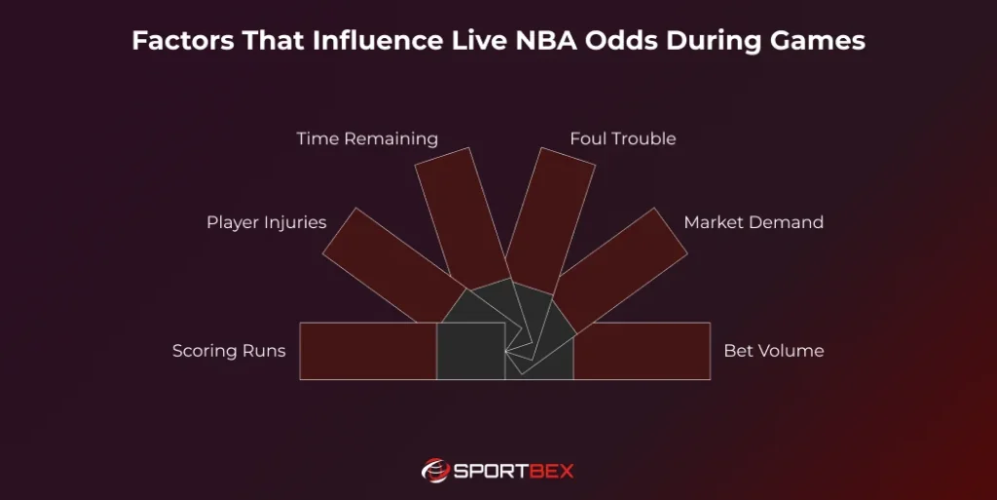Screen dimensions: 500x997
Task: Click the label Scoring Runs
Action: pyautogui.click(x=229, y=351)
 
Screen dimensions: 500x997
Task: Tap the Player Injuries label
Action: pyautogui.click(x=266, y=222)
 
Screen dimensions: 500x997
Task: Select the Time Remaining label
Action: pyautogui.click(x=367, y=138)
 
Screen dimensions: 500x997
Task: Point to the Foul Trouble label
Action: pyautogui.click(x=622, y=138)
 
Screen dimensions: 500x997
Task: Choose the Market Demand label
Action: pyautogui.click(x=754, y=222)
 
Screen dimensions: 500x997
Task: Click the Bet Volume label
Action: pyautogui.click(x=773, y=351)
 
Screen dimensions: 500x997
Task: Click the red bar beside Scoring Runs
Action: pyautogui.click(x=367, y=351)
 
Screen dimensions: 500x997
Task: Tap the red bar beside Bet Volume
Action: pyautogui.click(x=643, y=351)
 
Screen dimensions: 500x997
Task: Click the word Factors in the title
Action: pyautogui.click(x=173, y=42)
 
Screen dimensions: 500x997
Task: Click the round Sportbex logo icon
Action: pyautogui.click(x=434, y=471)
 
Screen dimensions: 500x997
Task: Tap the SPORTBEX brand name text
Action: pyautogui.click(x=514, y=472)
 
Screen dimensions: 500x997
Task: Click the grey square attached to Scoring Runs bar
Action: pyautogui.click(x=469, y=351)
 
